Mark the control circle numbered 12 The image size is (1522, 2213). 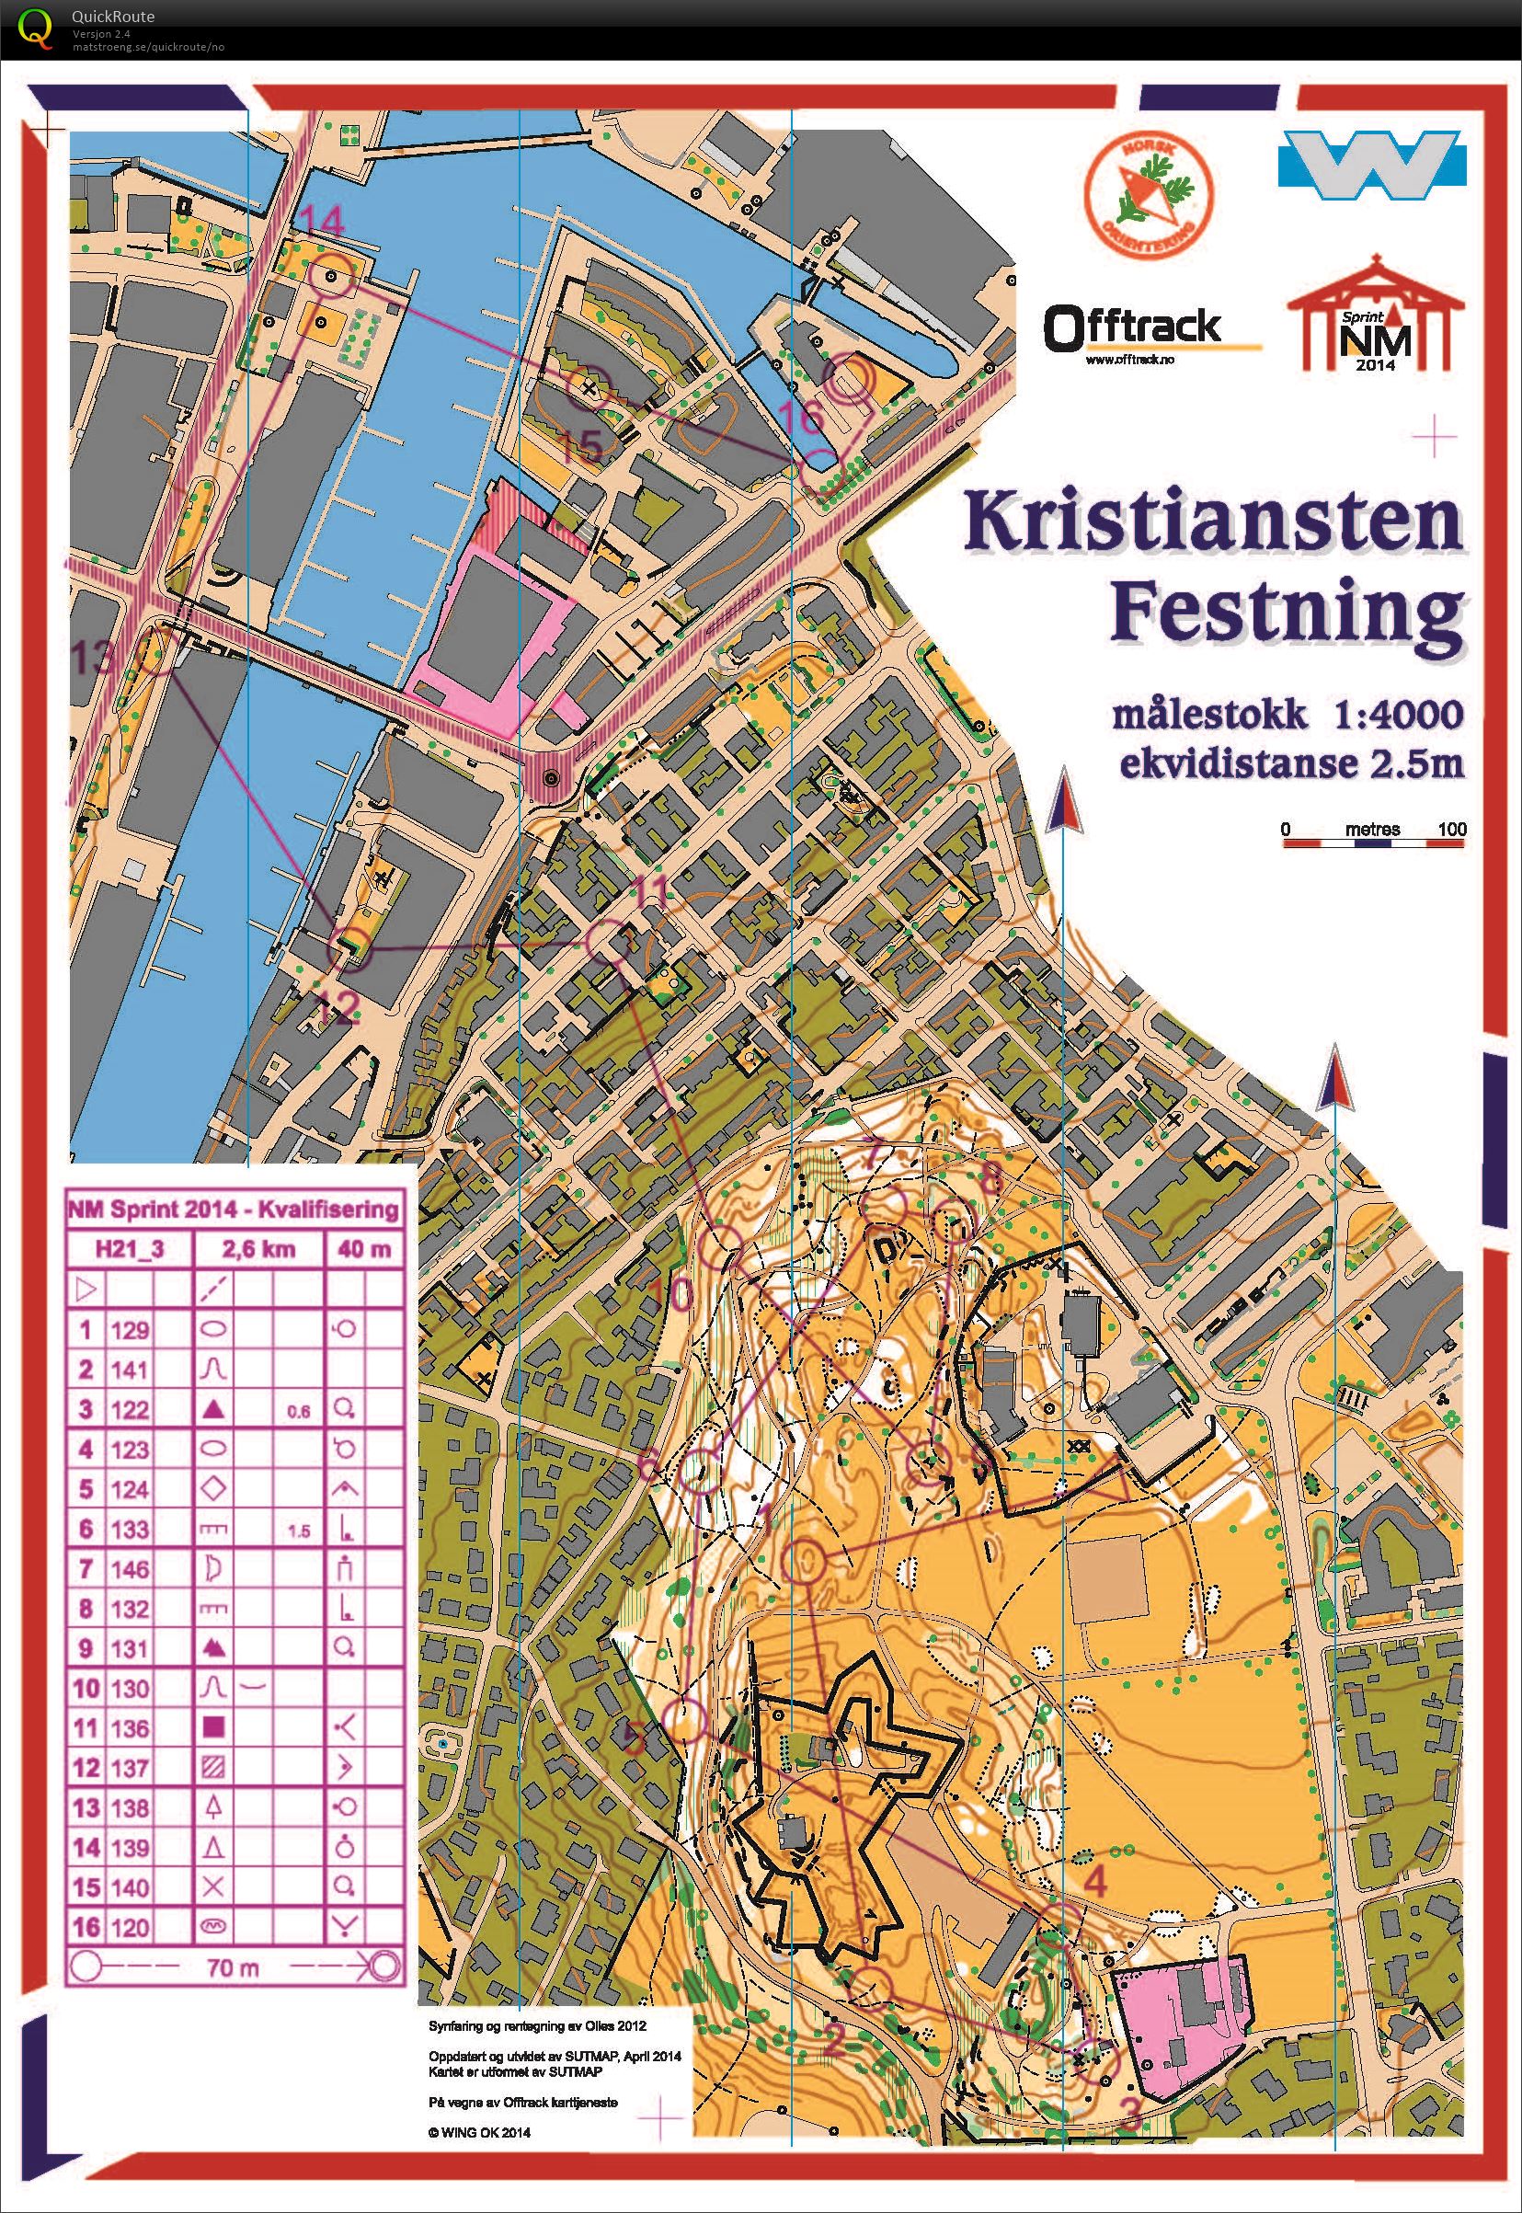pos(350,947)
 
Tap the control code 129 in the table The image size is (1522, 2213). pos(130,1330)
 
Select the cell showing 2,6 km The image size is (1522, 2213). pos(259,1250)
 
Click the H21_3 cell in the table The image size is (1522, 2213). pos(129,1250)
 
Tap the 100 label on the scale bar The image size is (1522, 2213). pos(1451,829)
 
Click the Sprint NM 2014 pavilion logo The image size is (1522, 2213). pos(1374,315)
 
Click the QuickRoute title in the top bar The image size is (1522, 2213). pos(112,17)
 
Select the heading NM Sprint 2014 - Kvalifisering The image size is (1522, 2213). pos(233,1210)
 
